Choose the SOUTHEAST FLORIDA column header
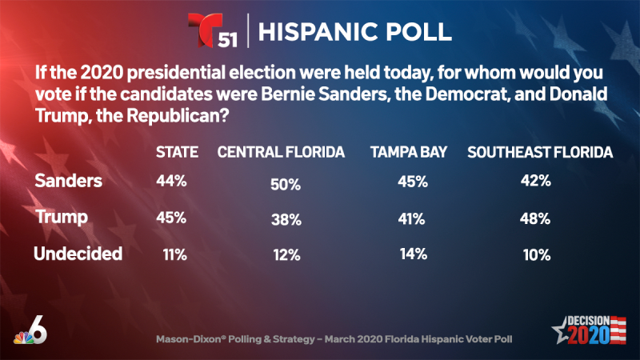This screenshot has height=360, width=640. click(x=540, y=153)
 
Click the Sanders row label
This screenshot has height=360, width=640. click(x=69, y=181)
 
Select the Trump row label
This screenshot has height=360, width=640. click(x=60, y=218)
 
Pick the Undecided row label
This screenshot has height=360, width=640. click(x=78, y=254)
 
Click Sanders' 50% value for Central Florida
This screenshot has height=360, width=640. click(x=286, y=185)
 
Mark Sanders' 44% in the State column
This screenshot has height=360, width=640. click(x=170, y=182)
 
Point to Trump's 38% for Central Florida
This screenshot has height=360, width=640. click(x=285, y=218)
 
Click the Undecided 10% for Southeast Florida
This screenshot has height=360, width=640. click(x=534, y=255)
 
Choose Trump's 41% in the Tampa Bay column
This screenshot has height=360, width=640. click(x=413, y=218)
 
